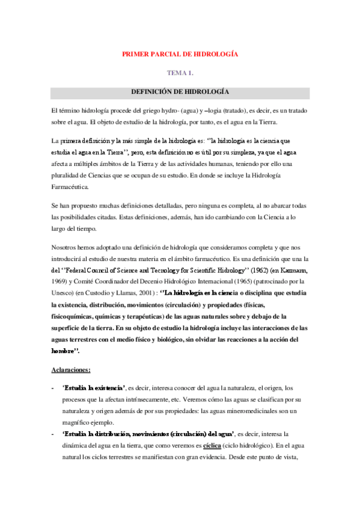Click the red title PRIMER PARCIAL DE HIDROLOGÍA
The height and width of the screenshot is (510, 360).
[180, 54]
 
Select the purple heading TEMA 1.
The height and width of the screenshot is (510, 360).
[180, 73]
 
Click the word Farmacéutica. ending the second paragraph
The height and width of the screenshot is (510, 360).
[70, 186]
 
